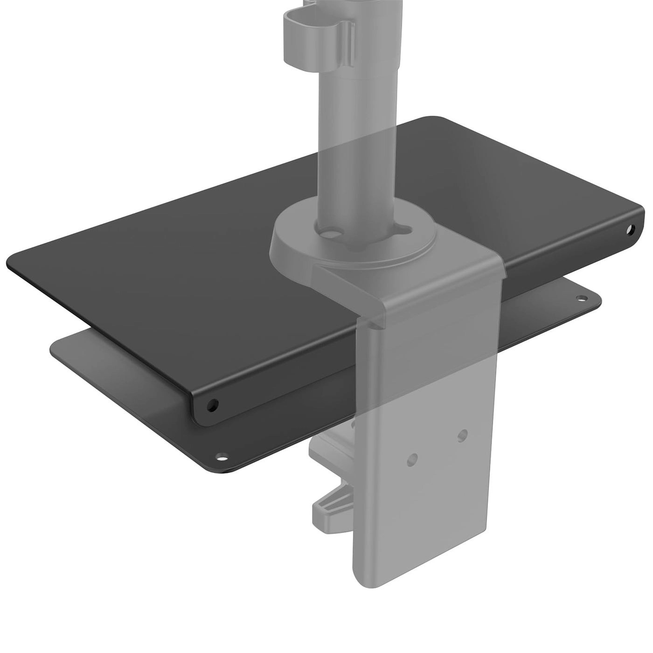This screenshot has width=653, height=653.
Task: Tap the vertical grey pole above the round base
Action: tap(357, 140)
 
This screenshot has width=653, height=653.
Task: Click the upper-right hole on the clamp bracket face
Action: tap(462, 434)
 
